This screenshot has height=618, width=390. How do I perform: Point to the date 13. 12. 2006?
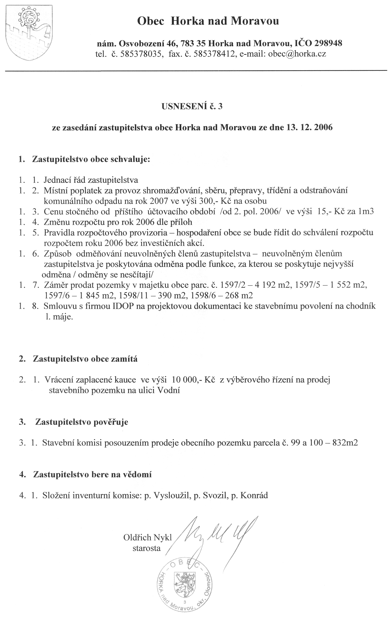[x=309, y=127]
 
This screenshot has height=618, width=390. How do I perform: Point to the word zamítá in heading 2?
[x=125, y=359]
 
